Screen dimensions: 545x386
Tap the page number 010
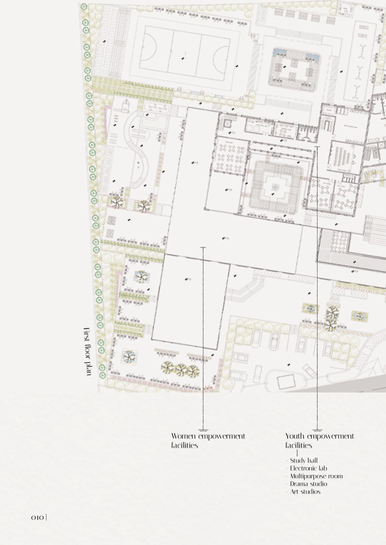coord(37,517)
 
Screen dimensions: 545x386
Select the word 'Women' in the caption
coord(183,436)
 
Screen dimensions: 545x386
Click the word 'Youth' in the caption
coord(295,436)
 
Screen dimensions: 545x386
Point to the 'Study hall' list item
coord(304,460)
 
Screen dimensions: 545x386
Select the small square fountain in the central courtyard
coord(275,187)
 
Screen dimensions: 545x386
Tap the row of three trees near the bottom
coord(180,369)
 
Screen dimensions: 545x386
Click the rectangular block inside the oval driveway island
coord(286,382)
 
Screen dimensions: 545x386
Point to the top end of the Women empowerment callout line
coord(203,248)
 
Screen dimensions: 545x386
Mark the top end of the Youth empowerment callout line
coord(317,147)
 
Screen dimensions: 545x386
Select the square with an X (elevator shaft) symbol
coord(226,124)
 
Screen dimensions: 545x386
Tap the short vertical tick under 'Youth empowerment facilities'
coord(297,453)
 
